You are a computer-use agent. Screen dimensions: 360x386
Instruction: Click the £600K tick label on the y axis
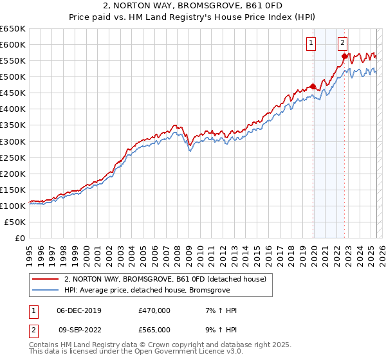point(13,44)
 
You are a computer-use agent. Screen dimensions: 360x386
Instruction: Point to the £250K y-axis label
point(13,157)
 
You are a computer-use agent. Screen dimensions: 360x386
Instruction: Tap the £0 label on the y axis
point(21,238)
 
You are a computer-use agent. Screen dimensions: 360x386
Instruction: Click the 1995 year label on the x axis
point(29,251)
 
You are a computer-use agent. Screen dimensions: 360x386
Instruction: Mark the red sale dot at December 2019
point(313,86)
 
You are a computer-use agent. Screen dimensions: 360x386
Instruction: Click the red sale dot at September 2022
point(345,56)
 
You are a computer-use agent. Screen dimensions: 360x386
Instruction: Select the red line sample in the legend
point(45,278)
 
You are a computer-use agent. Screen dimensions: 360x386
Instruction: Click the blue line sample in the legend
point(45,290)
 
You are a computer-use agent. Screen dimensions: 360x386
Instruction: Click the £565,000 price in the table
point(154,330)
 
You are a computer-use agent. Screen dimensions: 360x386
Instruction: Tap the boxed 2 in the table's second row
point(33,330)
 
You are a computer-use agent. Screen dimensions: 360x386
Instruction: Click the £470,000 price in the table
point(154,310)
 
